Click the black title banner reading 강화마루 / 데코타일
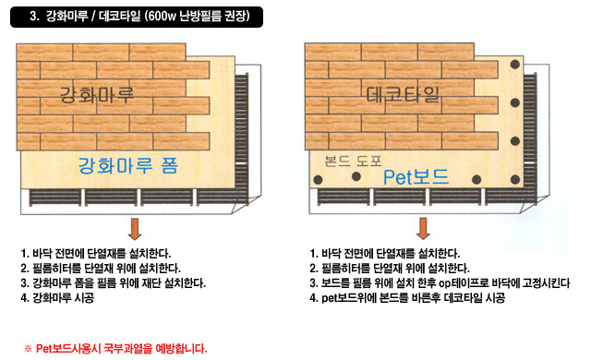pos(139,17)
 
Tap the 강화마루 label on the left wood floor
pos(97,94)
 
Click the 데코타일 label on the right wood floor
pos(404,94)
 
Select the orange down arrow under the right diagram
pos(423,227)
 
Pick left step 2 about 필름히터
pos(96,268)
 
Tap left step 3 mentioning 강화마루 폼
pos(113,282)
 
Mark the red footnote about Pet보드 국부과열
pos(115,349)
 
